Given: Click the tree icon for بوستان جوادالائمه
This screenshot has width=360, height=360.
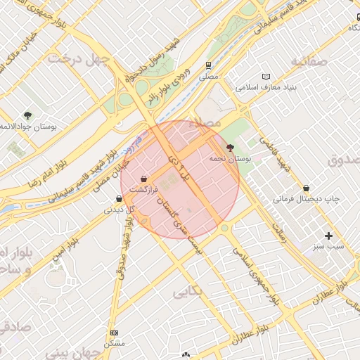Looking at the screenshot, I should [x=27, y=115].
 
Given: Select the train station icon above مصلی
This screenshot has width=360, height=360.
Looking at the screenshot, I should [x=208, y=65].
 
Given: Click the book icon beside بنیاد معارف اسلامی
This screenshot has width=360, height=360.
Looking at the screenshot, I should [x=265, y=76].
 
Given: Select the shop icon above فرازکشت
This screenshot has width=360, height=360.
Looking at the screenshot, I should [x=144, y=178].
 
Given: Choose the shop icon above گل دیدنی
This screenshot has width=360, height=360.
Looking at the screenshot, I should [x=117, y=198].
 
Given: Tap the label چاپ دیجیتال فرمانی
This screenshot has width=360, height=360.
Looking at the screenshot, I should [x=307, y=200].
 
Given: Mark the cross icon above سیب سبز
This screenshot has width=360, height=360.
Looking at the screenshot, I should [x=328, y=235].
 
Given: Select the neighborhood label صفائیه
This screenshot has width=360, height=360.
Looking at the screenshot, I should [x=307, y=62].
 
